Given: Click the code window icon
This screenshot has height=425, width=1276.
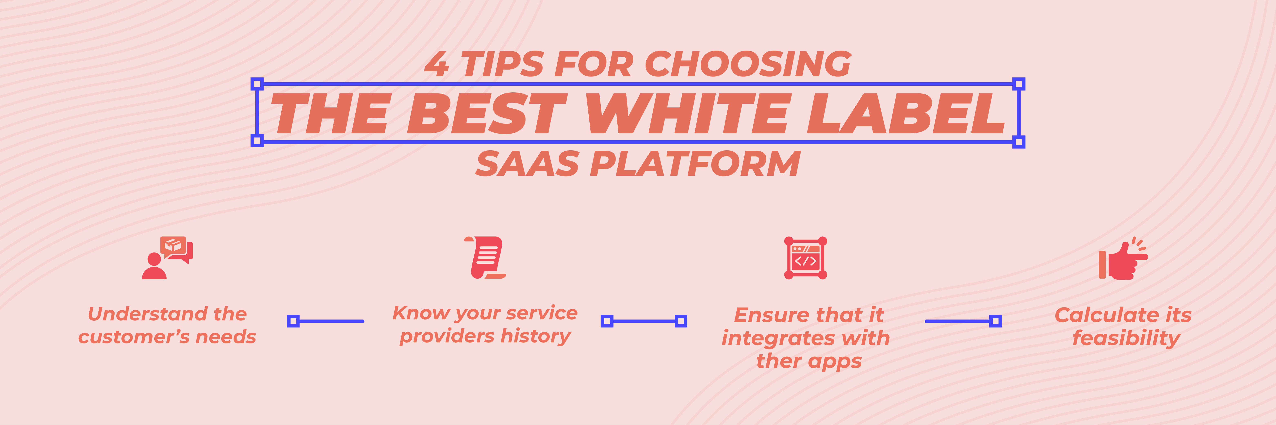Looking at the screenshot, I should coord(805,258).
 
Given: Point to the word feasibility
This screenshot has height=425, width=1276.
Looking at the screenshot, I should coord(1126,338).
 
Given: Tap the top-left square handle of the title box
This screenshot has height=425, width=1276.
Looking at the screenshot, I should coord(257,84).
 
